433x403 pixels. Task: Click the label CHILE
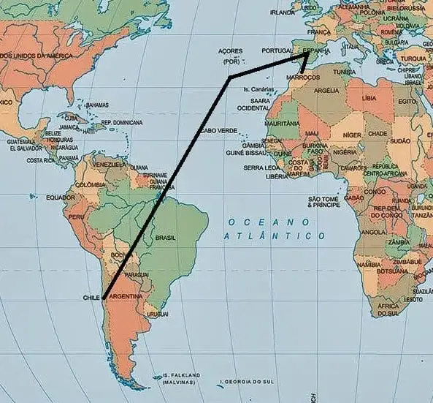[91, 298]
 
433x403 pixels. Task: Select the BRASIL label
[166, 238]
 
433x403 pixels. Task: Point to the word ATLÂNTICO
[275, 236]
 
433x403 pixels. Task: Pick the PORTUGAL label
[277, 50]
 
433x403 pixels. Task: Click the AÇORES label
[230, 50]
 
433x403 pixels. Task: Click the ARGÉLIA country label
[326, 91]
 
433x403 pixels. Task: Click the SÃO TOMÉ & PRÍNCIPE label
[323, 202]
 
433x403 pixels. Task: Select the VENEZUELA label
[111, 165]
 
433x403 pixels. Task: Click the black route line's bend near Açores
[230, 76]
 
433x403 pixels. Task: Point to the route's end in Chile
[104, 298]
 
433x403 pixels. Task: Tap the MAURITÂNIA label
[282, 124]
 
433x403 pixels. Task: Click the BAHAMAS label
[97, 105]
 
